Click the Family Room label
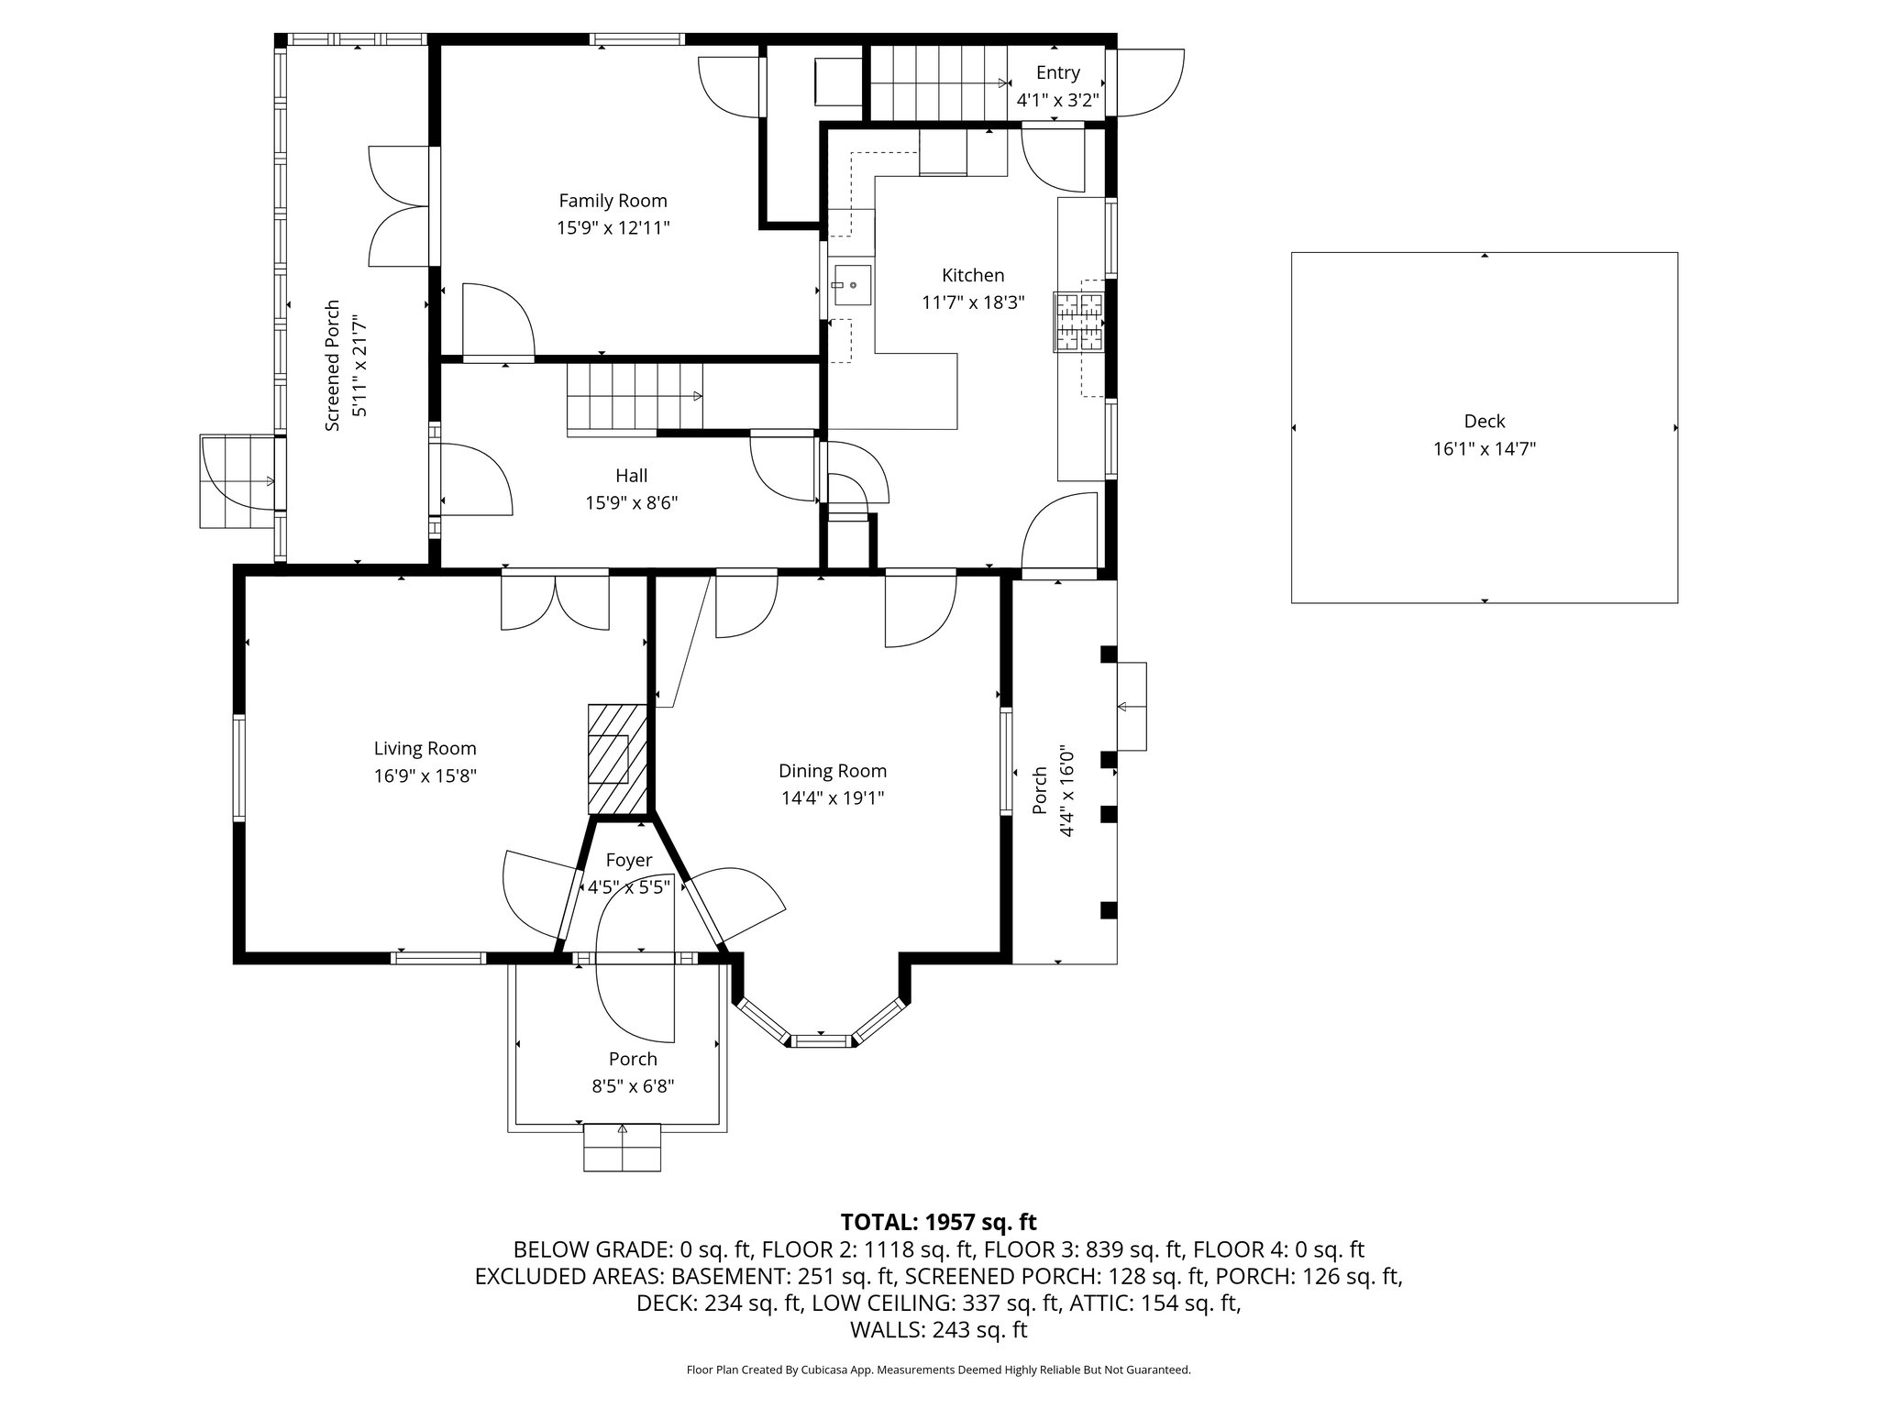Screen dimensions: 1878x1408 point(613,201)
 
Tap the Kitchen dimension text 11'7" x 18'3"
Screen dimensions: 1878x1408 point(973,302)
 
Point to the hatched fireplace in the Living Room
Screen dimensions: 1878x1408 point(617,758)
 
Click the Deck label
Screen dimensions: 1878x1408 point(1484,422)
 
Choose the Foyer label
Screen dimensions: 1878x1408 point(628,860)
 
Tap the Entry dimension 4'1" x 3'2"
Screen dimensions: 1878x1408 point(1057,100)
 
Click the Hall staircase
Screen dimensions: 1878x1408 point(635,397)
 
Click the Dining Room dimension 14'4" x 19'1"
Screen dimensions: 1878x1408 point(833,798)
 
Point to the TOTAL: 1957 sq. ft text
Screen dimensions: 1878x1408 point(938,1222)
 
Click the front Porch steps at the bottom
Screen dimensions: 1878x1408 point(622,1148)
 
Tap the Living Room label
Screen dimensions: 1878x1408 point(425,749)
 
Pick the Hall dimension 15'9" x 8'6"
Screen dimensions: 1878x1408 point(632,503)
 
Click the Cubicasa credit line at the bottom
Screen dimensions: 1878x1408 point(938,1370)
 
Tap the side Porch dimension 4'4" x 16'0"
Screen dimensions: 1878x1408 point(1067,790)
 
